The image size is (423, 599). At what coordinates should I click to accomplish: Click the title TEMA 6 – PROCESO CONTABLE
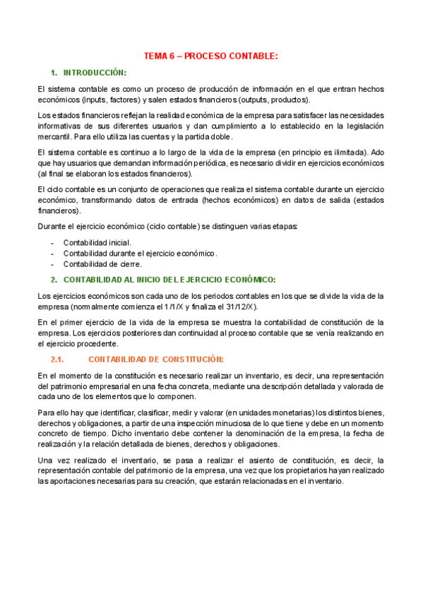coord(211,55)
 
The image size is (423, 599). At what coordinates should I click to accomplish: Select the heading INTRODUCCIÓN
coord(94,73)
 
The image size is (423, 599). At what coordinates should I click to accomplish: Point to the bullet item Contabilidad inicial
coord(97,242)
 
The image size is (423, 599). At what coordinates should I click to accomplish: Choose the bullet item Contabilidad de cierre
coord(102,263)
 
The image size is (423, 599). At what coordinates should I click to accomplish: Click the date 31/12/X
coord(241,307)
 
